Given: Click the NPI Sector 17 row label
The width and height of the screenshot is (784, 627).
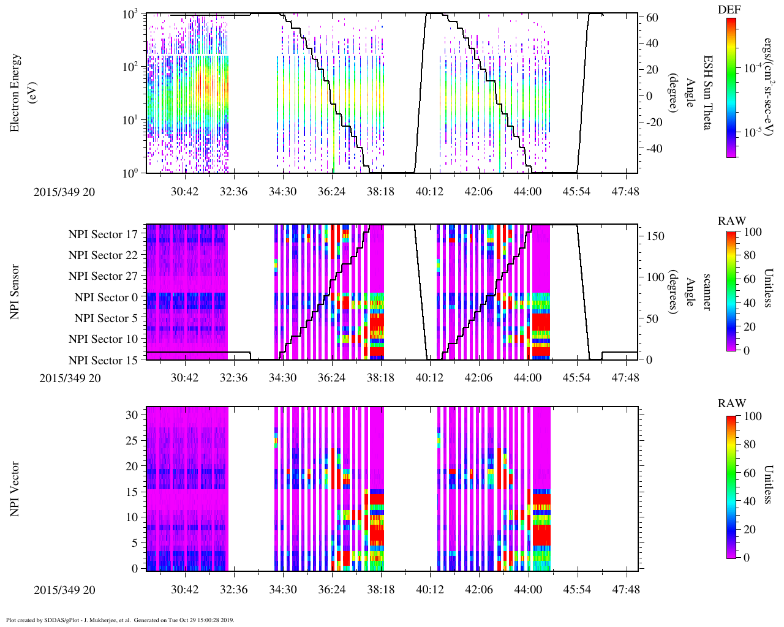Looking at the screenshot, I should [x=103, y=235].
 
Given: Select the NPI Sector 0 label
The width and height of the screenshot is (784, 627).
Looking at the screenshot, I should [x=106, y=298].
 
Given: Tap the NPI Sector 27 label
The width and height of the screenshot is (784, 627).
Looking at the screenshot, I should [x=103, y=276].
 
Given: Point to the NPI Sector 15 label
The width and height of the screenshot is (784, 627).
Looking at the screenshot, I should [x=103, y=360].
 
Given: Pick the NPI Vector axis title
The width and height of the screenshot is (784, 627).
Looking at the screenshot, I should [x=15, y=489].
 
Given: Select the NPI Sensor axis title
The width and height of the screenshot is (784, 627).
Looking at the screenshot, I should [x=15, y=292].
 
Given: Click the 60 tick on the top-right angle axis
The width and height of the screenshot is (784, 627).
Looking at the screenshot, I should [x=652, y=18].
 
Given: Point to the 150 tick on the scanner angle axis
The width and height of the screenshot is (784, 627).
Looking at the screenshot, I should [x=655, y=236].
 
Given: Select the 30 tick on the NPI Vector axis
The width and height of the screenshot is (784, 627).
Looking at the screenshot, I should [x=132, y=415].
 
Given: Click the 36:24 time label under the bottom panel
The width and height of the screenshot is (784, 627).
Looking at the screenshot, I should [x=331, y=590].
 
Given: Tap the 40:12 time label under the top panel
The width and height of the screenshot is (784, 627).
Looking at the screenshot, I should [x=429, y=192].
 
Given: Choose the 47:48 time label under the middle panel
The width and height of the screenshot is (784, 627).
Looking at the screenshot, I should [x=625, y=378].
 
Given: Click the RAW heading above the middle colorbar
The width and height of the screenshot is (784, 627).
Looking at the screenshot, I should [x=732, y=221].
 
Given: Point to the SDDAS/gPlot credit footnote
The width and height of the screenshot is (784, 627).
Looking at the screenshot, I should [x=120, y=620].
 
